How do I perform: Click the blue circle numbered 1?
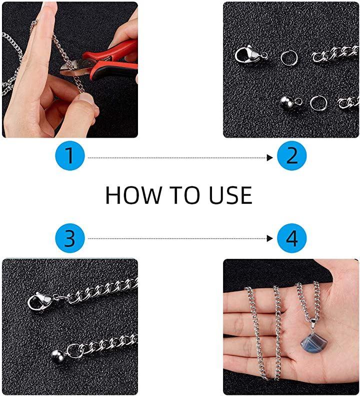tap(70, 156)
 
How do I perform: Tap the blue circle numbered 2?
tap(291, 156)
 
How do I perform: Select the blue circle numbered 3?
tap(70, 238)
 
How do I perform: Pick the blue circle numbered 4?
tap(291, 238)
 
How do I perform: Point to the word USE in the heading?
tap(230, 195)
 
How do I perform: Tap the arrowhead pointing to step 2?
tap(270, 158)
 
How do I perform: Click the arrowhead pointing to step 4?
tap(270, 238)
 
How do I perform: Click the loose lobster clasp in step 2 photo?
tap(250, 55)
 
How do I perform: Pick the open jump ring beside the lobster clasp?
tap(289, 59)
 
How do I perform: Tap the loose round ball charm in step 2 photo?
tap(287, 103)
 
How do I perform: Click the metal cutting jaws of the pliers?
tap(70, 68)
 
